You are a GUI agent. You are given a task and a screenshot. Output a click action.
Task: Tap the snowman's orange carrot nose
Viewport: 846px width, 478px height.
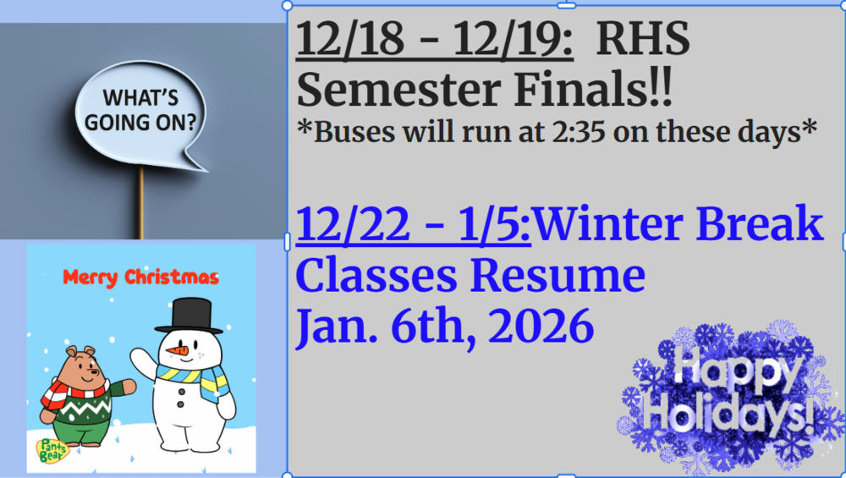(x=177, y=350)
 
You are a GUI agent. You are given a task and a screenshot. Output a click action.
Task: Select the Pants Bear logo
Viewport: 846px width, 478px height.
(x=51, y=450)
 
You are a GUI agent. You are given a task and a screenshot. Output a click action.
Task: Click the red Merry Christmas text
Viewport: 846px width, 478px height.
(x=141, y=277)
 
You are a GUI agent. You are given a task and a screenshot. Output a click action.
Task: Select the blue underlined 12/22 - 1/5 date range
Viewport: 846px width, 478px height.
(x=413, y=227)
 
